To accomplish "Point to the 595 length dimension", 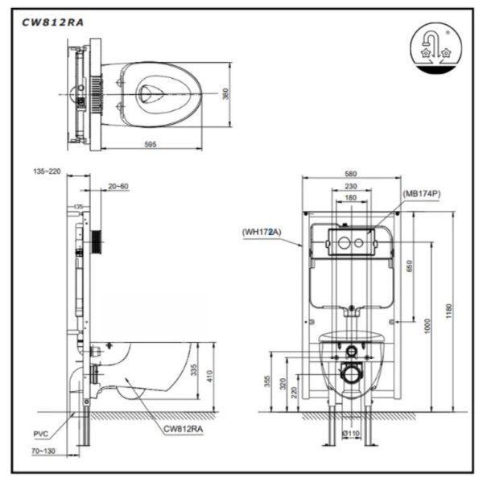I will pos(150,145).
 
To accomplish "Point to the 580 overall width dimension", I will pos(350,175).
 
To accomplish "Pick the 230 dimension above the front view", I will pos(351,186).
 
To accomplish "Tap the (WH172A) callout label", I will pos(261,232).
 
